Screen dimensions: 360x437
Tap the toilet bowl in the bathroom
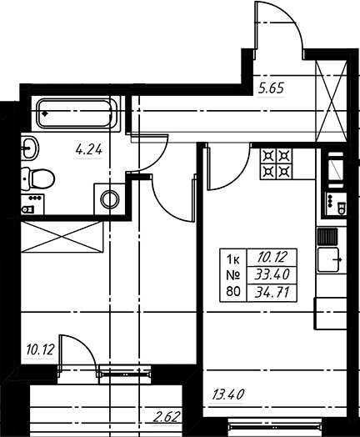point(38,178)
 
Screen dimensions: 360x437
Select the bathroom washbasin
point(30,148)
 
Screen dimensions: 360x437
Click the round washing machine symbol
point(110,199)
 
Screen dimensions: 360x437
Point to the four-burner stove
point(276,163)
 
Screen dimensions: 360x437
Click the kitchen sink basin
point(328,259)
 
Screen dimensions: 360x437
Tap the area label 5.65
point(271,88)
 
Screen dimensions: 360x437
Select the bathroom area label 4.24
point(89,150)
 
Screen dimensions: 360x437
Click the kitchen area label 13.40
point(228,394)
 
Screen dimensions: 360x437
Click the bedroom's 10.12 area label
point(40,349)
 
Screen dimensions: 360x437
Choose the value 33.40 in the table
point(272,275)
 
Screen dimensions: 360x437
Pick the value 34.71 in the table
point(272,293)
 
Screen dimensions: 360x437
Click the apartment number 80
point(233,292)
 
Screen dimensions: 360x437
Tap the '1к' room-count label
point(233,260)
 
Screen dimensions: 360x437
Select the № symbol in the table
point(233,276)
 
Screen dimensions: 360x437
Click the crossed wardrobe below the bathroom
point(62,237)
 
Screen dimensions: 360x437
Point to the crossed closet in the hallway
point(332,100)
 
